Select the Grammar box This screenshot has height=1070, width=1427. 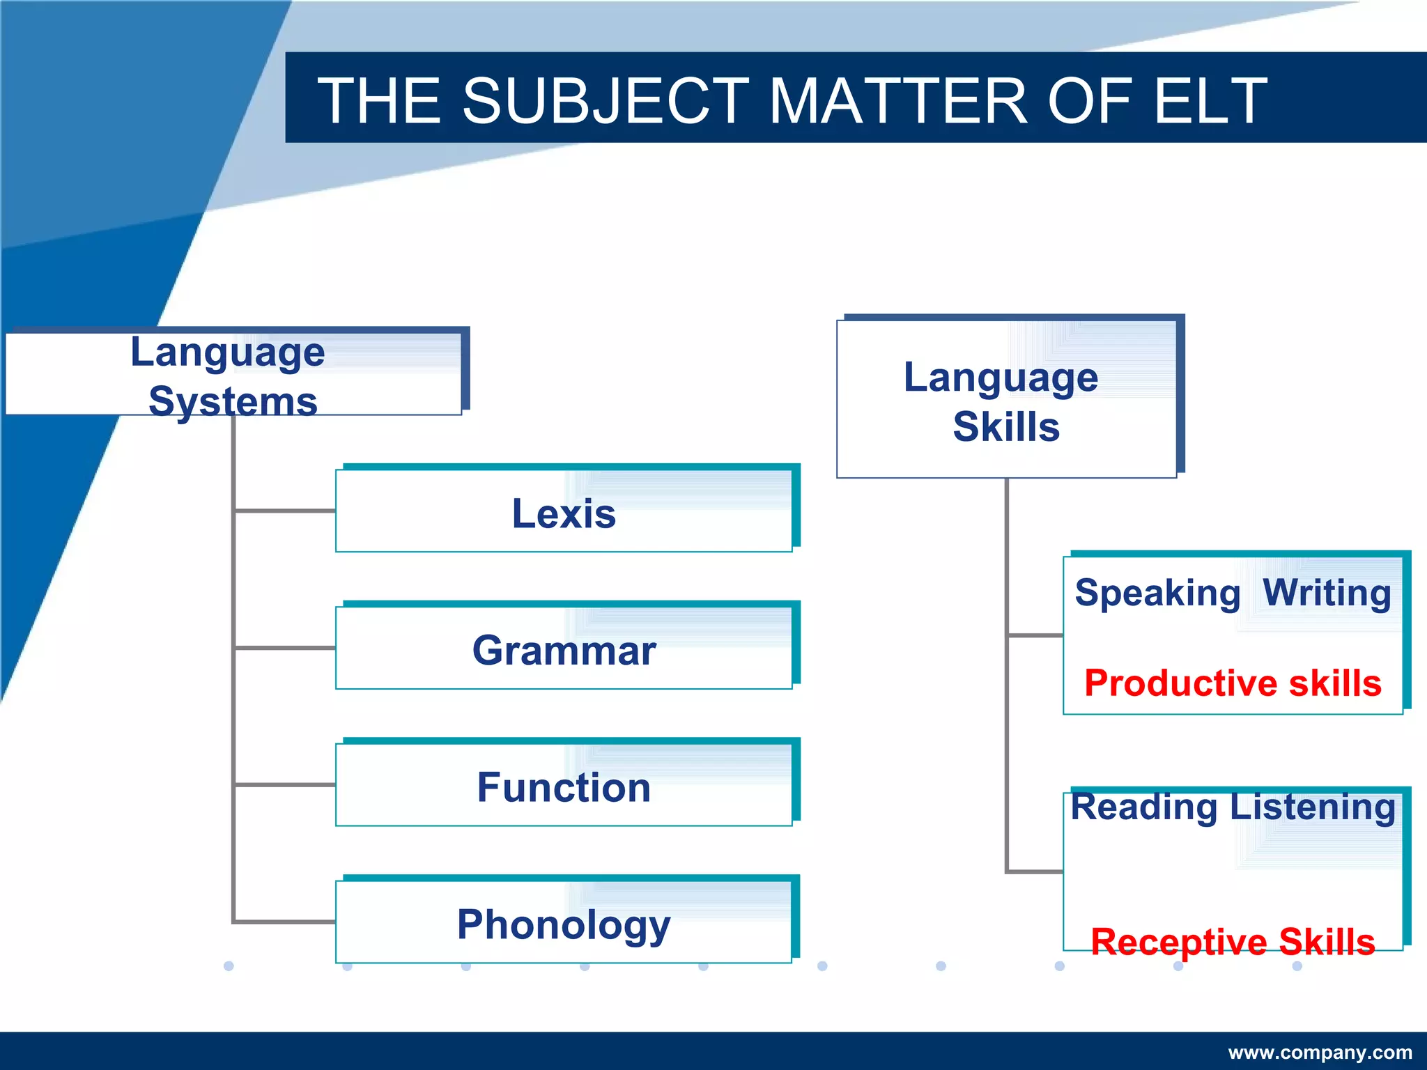coord(564,650)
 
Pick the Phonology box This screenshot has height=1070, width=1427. coord(564,924)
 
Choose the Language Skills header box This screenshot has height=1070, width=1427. coord(1005,401)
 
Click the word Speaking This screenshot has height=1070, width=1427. coord(1157,593)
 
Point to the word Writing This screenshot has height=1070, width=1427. coord(1327,593)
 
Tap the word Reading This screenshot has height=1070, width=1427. coord(1143,807)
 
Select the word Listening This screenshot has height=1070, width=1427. coord(1313,807)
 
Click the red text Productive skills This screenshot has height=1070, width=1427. coord(1233,683)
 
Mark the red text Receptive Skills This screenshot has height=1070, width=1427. coord(1233,941)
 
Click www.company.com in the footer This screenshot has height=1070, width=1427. coord(1320,1053)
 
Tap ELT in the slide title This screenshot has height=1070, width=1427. coord(1210,101)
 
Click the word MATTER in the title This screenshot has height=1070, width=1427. coord(899,101)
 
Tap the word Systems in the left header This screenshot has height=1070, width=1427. coord(233,402)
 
